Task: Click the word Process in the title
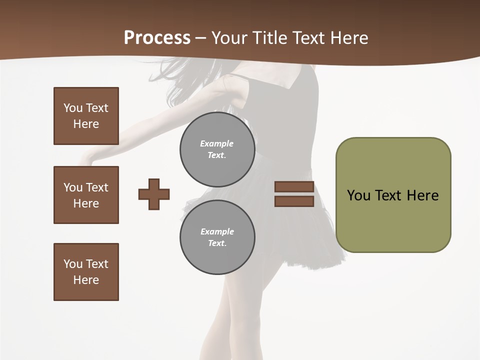coord(157,37)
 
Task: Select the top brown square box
coord(86,116)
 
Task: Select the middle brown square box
coord(86,195)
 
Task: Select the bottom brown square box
coord(86,272)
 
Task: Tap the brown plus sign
coord(154,194)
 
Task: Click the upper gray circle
coord(217,149)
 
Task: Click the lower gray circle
coord(217,237)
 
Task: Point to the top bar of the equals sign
coord(294,187)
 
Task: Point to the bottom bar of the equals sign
coord(294,201)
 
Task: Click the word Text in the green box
coord(388,195)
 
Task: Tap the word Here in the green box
coord(422,195)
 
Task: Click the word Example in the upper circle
coord(216,143)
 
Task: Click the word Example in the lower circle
coord(217,231)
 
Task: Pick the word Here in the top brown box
coord(86,124)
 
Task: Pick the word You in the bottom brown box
coord(72,264)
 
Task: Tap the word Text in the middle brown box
coord(96,187)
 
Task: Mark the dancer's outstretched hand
coord(88,159)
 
